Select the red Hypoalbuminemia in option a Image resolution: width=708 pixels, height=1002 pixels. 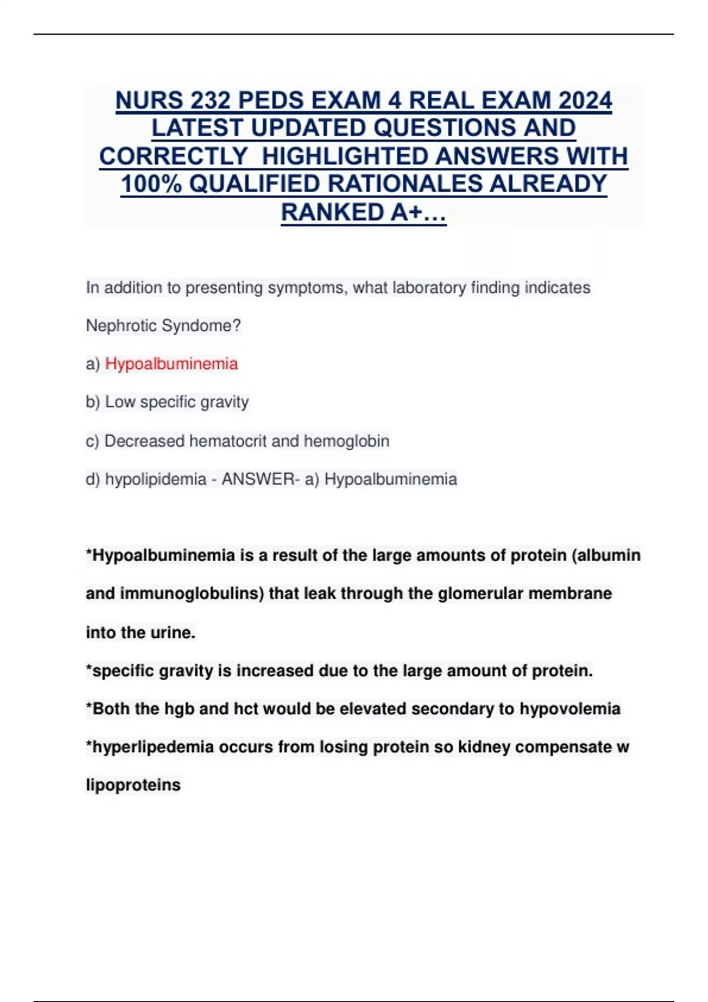click(171, 364)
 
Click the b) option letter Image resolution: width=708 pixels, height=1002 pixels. click(93, 402)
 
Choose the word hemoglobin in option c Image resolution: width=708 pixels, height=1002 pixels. click(346, 441)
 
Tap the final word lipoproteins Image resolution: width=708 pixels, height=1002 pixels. click(133, 785)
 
